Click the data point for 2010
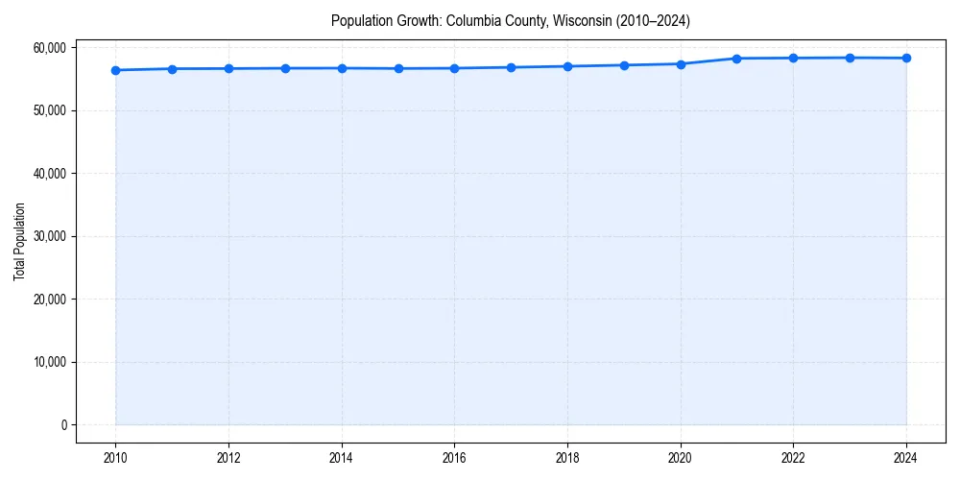(x=115, y=70)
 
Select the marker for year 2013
(x=285, y=68)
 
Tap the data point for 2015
(x=398, y=68)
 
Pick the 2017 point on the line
(x=511, y=67)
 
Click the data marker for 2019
(x=624, y=65)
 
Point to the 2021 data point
(x=737, y=59)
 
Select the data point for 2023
(x=850, y=58)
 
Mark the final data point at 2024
(x=906, y=59)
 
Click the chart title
(x=510, y=21)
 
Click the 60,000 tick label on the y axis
(x=48, y=48)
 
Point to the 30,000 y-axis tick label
(x=48, y=236)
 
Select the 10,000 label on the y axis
(x=48, y=362)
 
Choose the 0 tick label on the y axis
(x=62, y=425)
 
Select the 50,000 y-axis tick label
(x=48, y=110)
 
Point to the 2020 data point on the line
(x=681, y=64)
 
